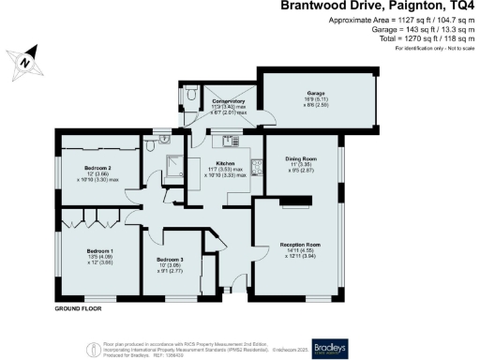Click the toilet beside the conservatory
click(x=190, y=95)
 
